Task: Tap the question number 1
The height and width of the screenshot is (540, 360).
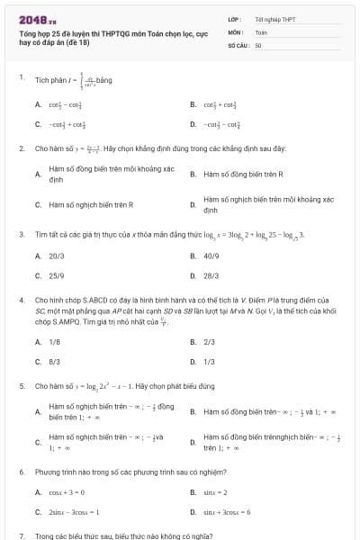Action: (22, 78)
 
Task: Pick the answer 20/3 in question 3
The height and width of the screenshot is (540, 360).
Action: (56, 256)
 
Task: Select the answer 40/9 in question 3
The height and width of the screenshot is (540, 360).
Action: (211, 256)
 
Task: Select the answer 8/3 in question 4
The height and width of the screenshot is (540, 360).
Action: (54, 361)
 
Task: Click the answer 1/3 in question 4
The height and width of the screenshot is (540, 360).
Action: (209, 361)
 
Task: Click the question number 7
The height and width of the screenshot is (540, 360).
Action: (22, 535)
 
